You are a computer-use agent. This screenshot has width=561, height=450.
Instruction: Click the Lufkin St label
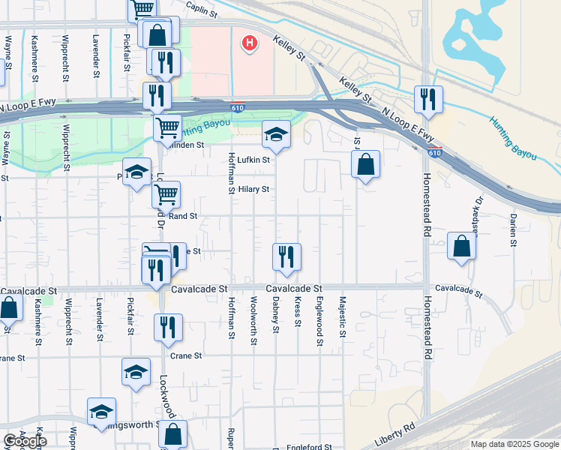coord(253,160)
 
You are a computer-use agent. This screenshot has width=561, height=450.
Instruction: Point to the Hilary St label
coord(253,189)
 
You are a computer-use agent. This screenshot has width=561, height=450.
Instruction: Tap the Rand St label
coord(183,216)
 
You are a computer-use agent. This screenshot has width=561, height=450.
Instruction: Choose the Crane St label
coord(186,356)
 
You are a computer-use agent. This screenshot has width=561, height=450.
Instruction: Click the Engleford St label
coord(309,447)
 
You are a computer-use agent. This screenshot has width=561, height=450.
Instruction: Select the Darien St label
coord(513,229)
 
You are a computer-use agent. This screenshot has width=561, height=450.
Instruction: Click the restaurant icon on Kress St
coord(286,256)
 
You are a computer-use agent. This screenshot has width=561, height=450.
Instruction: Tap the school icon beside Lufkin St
coord(276,134)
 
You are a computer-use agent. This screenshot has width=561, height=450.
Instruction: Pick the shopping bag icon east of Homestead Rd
coord(462,246)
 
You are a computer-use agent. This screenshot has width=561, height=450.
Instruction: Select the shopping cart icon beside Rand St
coord(166,195)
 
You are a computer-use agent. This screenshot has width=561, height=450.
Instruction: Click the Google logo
coord(25,441)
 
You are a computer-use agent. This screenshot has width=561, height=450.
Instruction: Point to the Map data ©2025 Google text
coord(514,444)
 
